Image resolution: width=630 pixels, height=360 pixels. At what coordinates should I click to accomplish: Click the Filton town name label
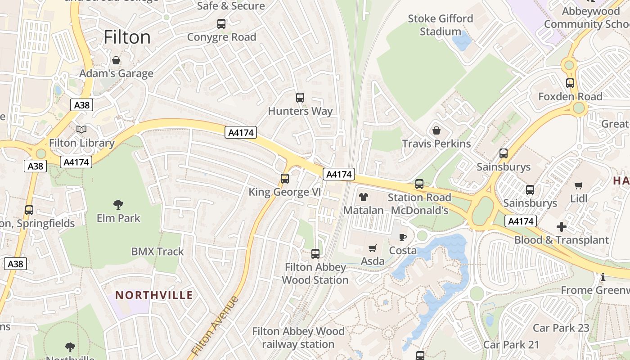tap(127, 37)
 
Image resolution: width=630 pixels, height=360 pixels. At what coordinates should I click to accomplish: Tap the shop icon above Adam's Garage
tap(116, 60)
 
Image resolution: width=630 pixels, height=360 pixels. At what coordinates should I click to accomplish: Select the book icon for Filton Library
tap(81, 130)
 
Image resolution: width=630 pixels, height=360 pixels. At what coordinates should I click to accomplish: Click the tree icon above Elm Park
tap(118, 205)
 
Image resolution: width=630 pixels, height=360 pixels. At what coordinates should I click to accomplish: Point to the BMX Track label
tap(157, 252)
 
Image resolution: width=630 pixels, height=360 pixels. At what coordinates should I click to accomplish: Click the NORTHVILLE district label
tap(154, 295)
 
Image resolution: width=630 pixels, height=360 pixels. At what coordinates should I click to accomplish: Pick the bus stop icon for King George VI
tap(285, 179)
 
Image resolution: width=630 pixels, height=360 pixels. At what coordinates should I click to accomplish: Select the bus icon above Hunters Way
tap(300, 98)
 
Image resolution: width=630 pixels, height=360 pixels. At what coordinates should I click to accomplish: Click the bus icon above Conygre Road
tap(221, 24)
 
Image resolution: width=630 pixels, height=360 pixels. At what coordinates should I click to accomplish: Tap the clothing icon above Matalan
tap(364, 197)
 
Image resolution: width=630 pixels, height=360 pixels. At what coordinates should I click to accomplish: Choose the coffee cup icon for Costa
tap(403, 237)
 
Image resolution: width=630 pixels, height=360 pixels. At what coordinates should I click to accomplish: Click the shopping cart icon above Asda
tap(373, 248)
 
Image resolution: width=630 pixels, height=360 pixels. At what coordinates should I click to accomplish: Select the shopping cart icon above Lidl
tap(579, 185)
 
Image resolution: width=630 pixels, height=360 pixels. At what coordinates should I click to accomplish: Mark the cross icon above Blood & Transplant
tap(561, 227)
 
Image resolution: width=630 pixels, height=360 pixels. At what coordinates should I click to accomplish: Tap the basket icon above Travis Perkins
tap(436, 130)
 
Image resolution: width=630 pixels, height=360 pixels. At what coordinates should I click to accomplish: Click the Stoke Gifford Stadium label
tap(441, 25)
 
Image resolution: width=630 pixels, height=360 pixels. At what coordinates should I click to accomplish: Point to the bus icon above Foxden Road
tap(570, 83)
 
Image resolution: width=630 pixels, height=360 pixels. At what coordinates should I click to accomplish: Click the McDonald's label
tap(419, 211)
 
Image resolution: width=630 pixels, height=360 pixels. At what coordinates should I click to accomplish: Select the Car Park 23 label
tap(561, 328)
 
